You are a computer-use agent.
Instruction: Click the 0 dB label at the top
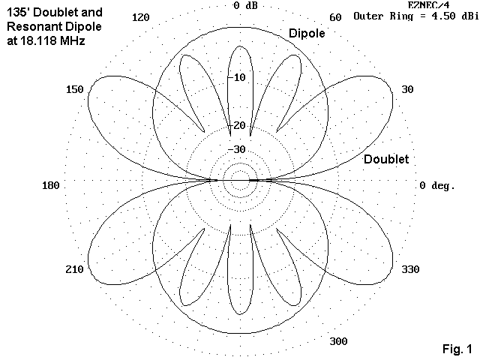click(246, 5)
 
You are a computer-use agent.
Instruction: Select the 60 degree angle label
click(335, 17)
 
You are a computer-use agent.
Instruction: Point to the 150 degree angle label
click(74, 90)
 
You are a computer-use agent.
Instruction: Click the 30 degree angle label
click(408, 90)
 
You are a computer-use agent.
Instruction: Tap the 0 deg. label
click(437, 185)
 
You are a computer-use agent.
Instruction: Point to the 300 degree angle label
click(338, 342)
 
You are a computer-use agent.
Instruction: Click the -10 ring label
click(238, 78)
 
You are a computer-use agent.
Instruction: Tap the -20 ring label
click(238, 125)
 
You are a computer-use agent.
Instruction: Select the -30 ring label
click(238, 149)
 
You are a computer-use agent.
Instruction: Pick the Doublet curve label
click(386, 160)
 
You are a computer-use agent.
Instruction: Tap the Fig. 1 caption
click(457, 349)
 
